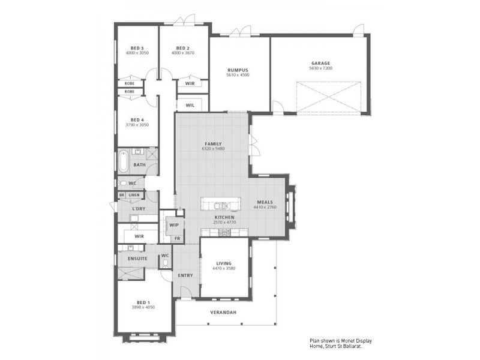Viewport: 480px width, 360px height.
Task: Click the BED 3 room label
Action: [137, 48]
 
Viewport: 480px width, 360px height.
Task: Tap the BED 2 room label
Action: [183, 48]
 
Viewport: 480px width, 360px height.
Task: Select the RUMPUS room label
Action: [238, 70]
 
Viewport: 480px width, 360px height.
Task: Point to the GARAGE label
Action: [320, 63]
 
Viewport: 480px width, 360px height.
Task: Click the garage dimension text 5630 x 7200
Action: [320, 68]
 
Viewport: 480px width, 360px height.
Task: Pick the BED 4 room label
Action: [137, 119]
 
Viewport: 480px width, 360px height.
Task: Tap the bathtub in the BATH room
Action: [123, 160]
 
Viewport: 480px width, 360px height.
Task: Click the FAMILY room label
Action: [213, 144]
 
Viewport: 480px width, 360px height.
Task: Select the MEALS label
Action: [265, 202]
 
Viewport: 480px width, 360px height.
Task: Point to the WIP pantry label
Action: [175, 225]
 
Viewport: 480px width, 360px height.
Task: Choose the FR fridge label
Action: [177, 238]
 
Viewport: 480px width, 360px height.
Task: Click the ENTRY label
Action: [185, 275]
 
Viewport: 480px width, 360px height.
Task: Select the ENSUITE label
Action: [137, 258]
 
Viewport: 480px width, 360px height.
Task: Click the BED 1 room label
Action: [143, 302]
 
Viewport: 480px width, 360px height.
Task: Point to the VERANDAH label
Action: [223, 313]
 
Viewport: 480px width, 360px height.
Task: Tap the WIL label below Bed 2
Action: [190, 105]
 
